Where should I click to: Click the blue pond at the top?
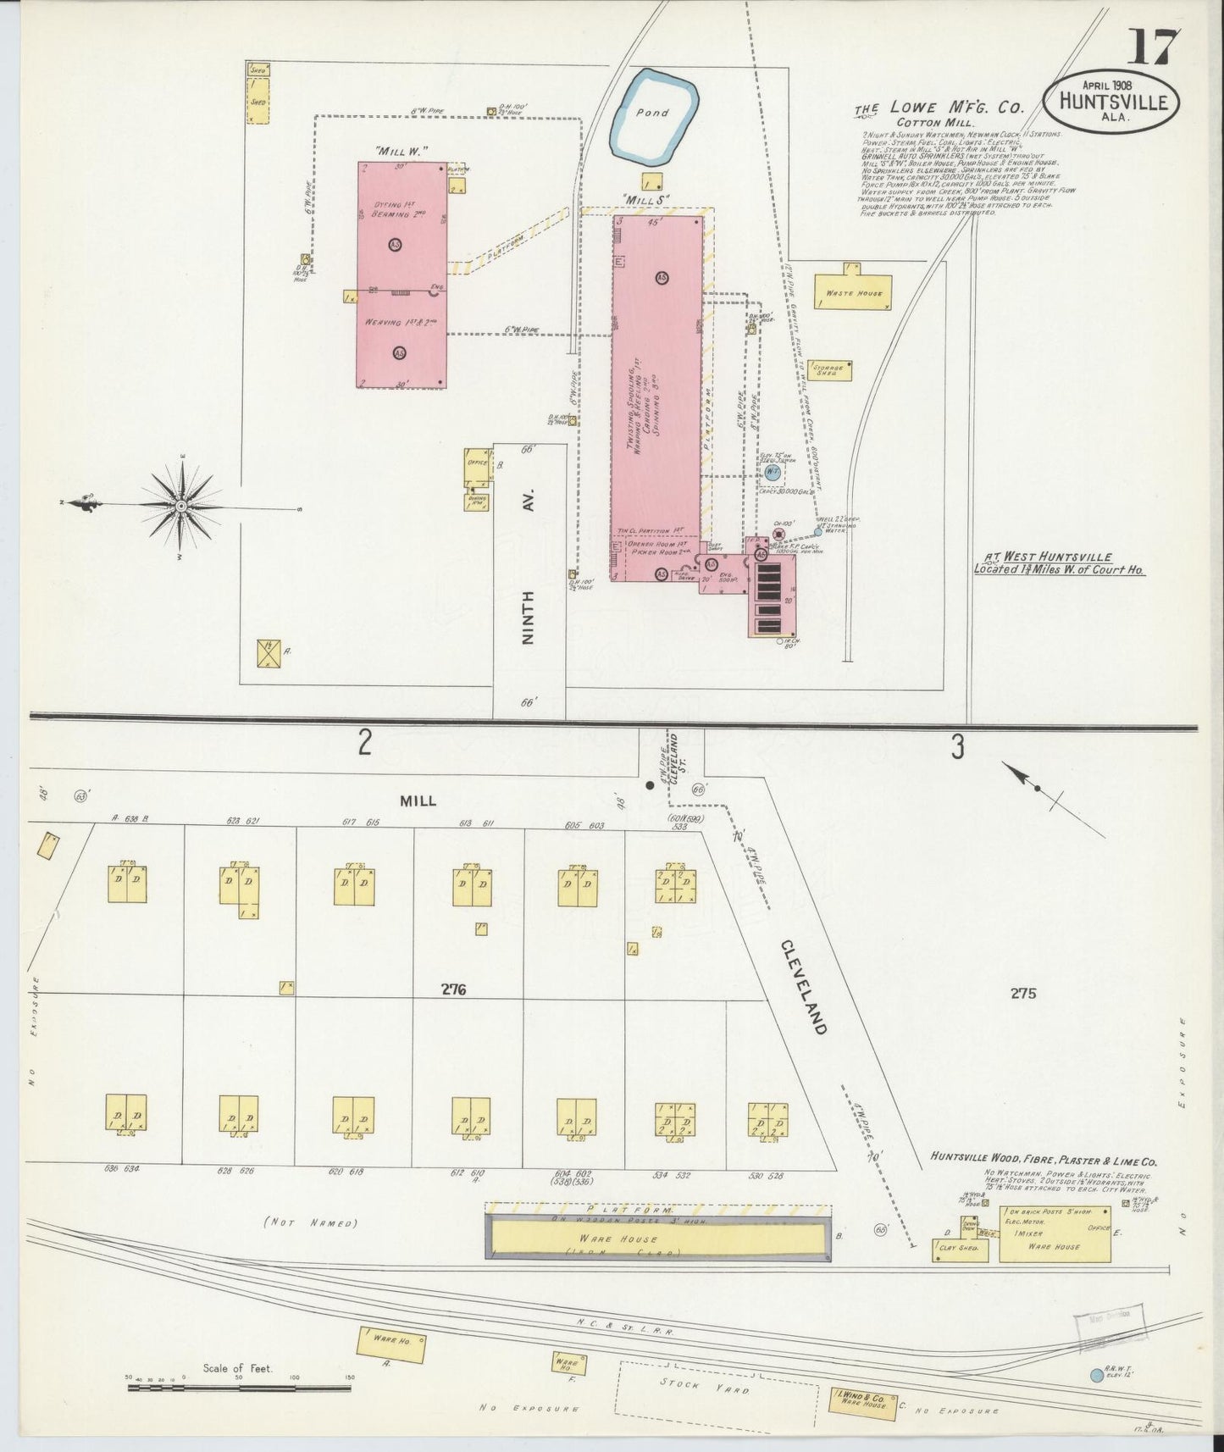point(653,114)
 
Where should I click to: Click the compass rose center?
point(180,507)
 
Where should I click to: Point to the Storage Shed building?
point(829,370)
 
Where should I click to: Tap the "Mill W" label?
point(401,151)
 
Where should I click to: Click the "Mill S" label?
point(646,199)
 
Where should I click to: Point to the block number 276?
point(454,989)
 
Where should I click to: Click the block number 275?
point(1022,993)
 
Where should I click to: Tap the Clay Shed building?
point(959,1247)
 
